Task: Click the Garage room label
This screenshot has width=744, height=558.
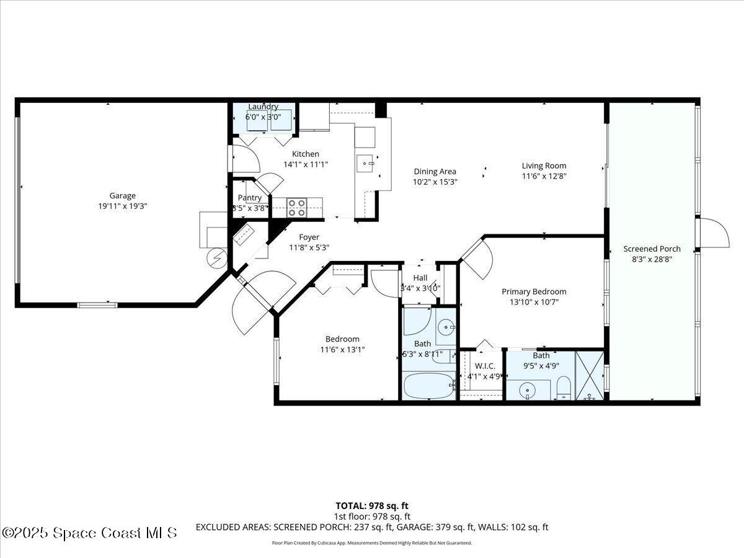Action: [122, 195]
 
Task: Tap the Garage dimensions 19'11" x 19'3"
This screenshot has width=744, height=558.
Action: [122, 206]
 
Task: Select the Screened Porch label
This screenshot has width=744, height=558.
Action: [652, 249]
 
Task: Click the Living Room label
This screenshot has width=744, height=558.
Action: [544, 166]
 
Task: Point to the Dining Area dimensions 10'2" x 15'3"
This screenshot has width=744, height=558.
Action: [435, 182]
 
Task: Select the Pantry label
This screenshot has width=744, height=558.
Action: [249, 198]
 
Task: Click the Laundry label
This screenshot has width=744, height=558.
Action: [263, 107]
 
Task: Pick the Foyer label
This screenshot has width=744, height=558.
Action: [309, 237]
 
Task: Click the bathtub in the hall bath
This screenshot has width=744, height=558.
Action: [428, 386]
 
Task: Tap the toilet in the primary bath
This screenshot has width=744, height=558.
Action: [564, 387]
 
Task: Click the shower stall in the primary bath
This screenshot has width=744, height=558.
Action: [589, 375]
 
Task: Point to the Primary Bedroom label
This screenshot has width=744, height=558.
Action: [534, 291]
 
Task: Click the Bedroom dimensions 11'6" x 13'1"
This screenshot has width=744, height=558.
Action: [342, 349]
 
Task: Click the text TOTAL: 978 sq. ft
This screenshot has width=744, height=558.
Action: [372, 505]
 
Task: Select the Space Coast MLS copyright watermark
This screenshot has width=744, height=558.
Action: [90, 533]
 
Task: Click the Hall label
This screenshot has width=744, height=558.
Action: [420, 278]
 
